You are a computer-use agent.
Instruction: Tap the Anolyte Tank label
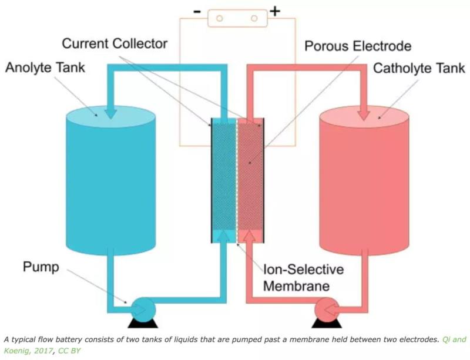tap(45, 68)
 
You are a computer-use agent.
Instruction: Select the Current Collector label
tap(115, 43)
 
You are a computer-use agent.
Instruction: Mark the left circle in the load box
tap(218, 18)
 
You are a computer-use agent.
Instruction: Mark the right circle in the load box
tap(254, 18)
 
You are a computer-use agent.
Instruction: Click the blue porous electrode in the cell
tap(224, 176)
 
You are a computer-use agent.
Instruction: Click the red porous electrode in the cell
tap(249, 176)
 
